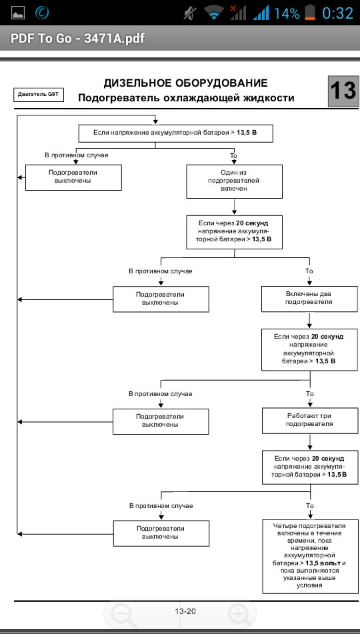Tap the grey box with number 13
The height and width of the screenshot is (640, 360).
click(344, 91)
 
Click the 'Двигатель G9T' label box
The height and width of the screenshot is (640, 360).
click(39, 94)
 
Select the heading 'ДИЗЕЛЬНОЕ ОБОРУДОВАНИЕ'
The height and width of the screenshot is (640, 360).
click(186, 83)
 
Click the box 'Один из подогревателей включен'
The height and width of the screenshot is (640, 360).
click(234, 181)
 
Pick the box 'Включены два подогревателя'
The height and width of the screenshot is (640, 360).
click(309, 299)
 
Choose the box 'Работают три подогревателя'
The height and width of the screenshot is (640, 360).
click(309, 421)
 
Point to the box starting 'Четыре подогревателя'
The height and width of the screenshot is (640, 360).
click(309, 556)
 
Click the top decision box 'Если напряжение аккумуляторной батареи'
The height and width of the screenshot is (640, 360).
click(175, 133)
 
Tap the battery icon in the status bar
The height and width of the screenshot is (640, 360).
click(310, 13)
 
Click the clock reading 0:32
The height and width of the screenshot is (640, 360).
click(337, 13)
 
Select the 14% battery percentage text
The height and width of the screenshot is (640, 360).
click(287, 13)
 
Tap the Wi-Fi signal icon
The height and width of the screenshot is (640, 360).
click(213, 13)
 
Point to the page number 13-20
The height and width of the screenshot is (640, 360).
click(185, 611)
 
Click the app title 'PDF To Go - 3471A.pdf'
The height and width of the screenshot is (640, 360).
click(77, 39)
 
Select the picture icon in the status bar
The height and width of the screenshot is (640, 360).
click(18, 13)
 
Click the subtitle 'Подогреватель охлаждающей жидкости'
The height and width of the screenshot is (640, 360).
click(186, 99)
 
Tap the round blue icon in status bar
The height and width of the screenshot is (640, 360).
click(42, 13)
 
